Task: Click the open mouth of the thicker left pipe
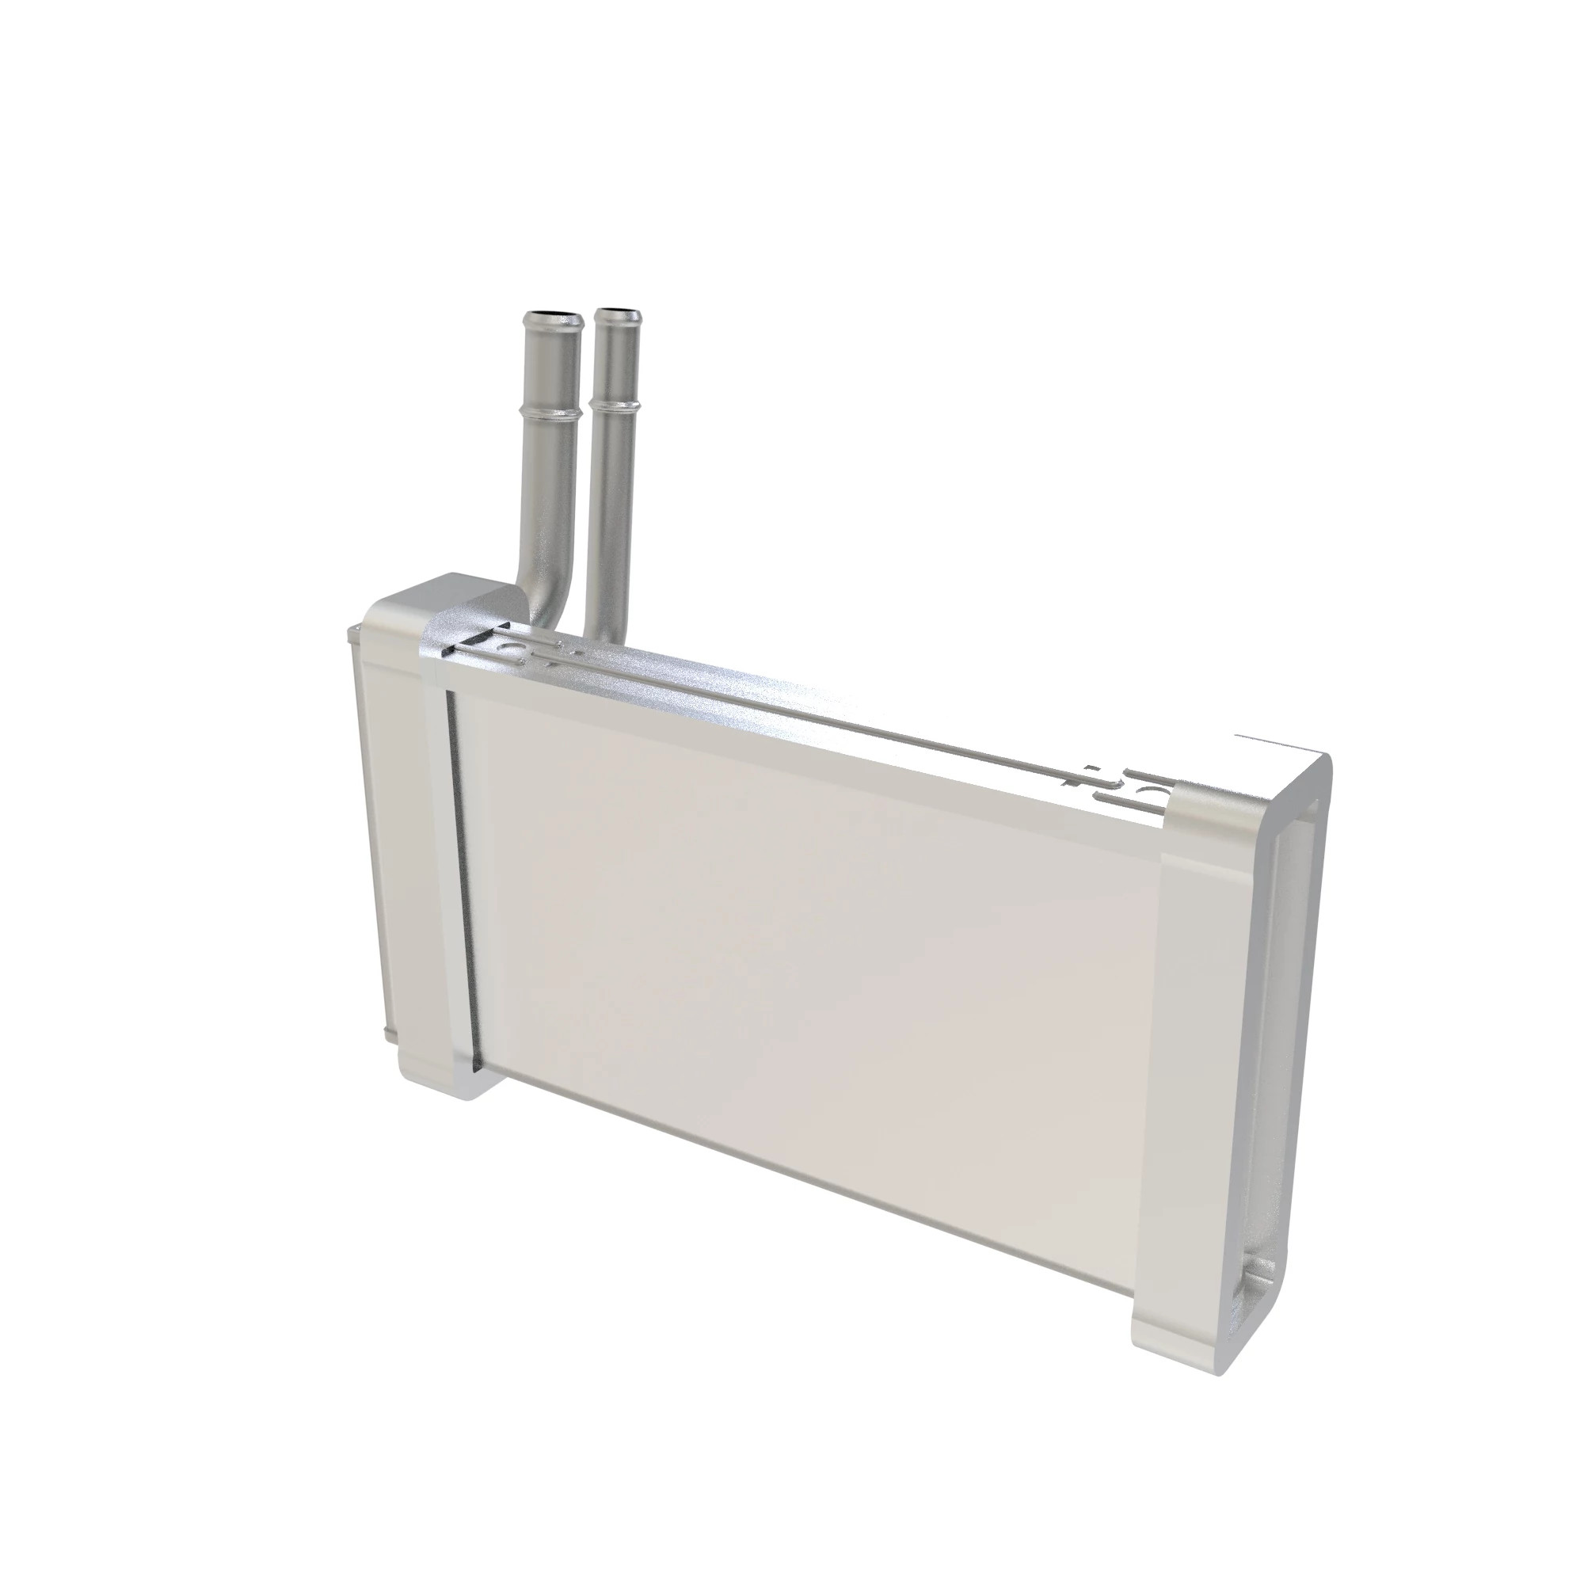pos(554,315)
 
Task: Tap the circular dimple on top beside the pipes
pos(516,648)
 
